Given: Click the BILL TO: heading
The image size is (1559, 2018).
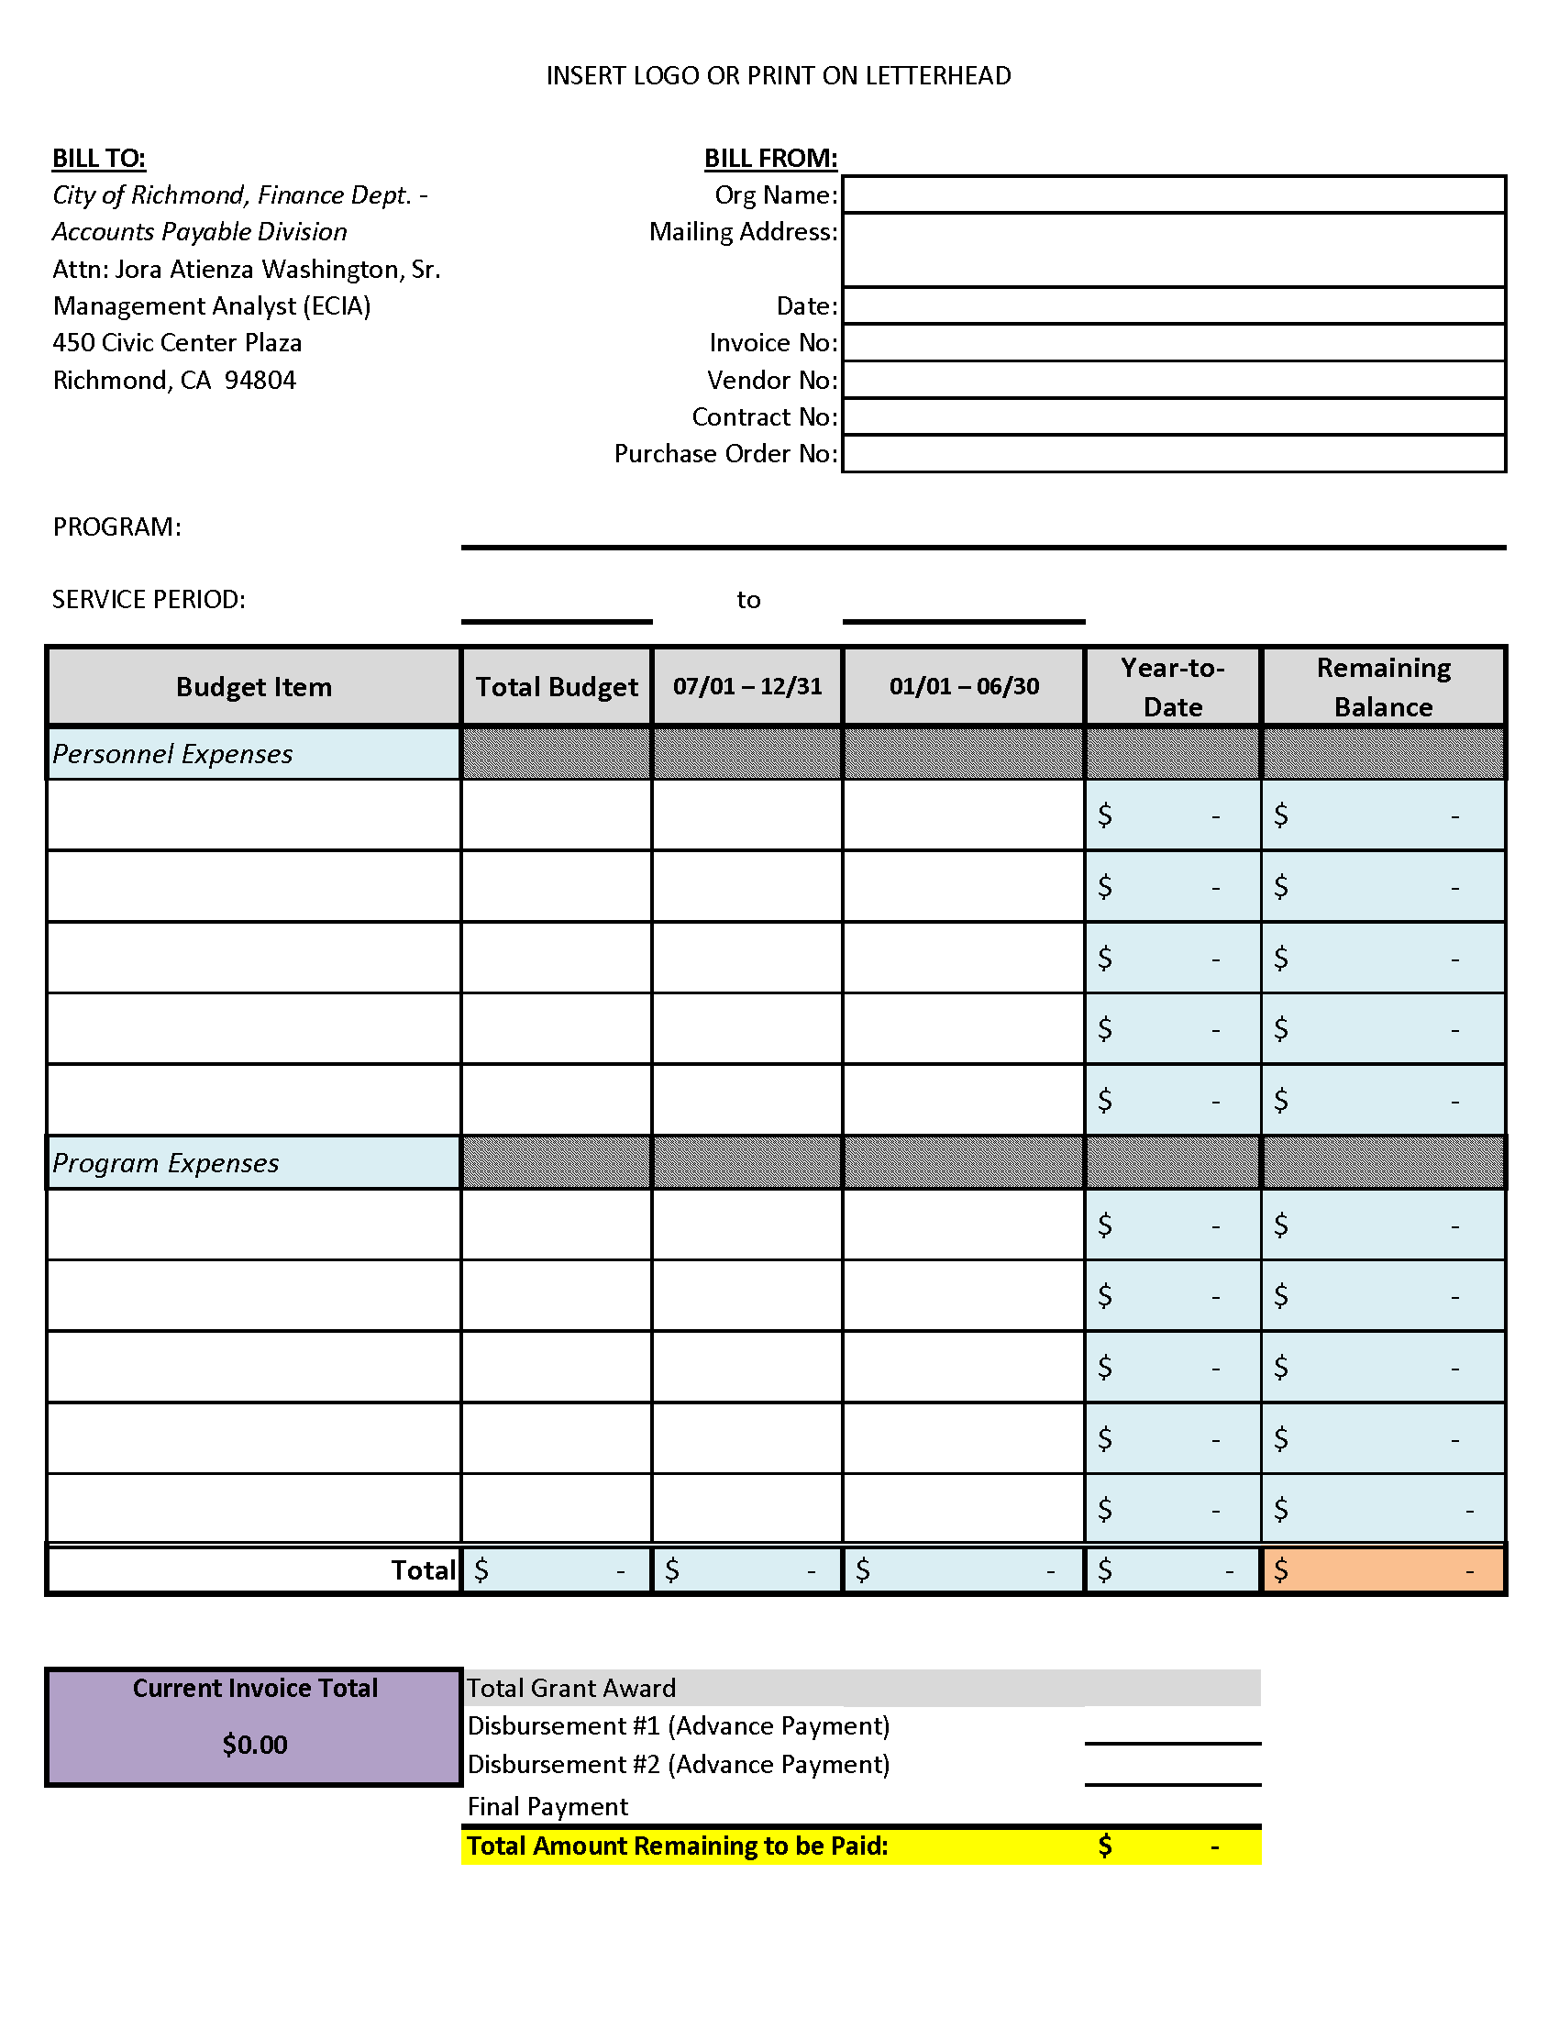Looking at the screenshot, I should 99,158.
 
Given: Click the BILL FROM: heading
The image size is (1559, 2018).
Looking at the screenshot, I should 770,158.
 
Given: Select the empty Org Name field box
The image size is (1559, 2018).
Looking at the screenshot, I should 1173,195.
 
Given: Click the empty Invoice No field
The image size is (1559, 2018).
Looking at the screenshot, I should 1173,343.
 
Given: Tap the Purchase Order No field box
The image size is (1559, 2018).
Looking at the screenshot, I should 1173,454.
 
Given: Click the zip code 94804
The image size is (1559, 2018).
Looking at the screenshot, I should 260,380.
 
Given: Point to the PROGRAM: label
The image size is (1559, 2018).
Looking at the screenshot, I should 116,527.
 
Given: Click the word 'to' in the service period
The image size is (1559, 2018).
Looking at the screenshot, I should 748,600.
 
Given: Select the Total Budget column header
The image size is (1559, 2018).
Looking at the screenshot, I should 557,686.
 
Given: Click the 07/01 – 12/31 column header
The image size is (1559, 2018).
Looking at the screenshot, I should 747,686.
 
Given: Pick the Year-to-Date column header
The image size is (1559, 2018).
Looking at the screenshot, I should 1172,686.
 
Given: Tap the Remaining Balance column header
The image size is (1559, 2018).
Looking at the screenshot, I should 1383,686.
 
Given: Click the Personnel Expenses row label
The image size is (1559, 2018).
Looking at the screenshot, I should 172,754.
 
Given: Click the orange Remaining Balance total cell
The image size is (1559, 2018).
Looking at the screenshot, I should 1383,1569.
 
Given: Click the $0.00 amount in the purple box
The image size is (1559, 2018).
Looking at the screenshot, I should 254,1745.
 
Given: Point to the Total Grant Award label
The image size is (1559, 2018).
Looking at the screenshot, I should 570,1688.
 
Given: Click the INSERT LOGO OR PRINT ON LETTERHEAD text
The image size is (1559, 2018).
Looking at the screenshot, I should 779,76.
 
